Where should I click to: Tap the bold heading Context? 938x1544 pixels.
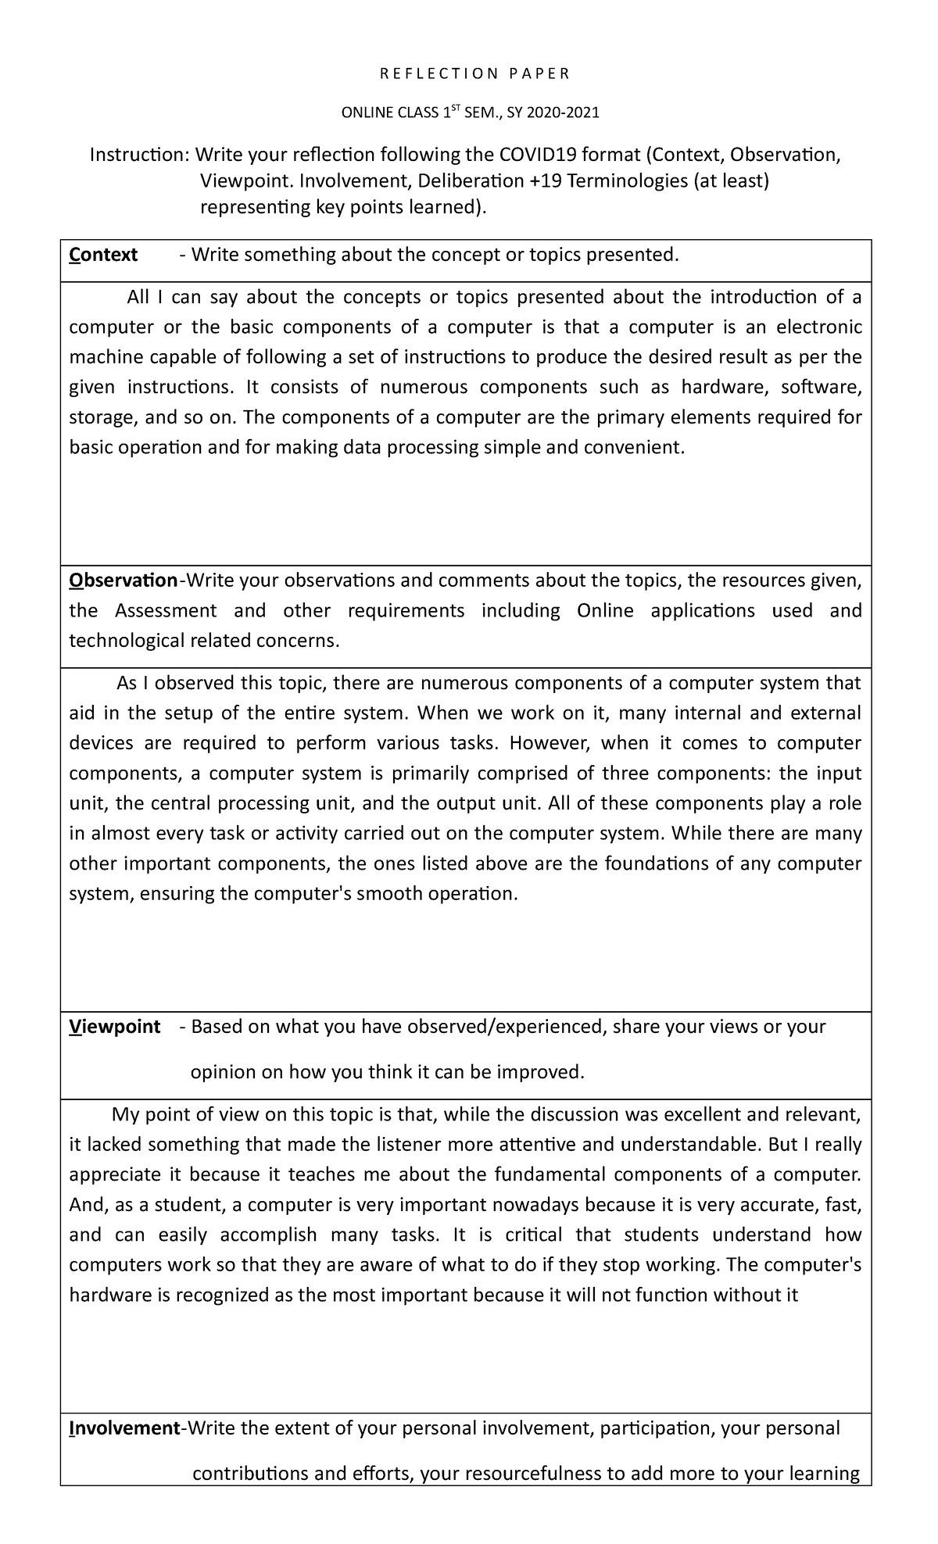[103, 255]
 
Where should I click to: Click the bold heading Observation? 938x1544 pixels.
[124, 581]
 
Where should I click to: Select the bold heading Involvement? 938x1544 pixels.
[124, 1428]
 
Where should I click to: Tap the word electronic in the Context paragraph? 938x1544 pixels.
[822, 327]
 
